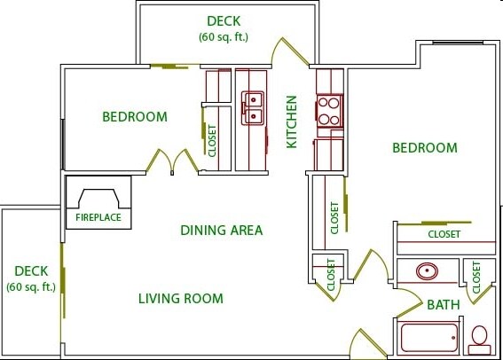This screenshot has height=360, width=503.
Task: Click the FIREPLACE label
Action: tap(98, 217)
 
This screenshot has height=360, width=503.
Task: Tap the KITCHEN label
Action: tap(292, 121)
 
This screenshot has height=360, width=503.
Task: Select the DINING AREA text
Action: tap(222, 231)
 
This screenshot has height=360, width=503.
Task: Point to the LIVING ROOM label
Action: tap(181, 299)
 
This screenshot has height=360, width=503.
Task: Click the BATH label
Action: tap(444, 304)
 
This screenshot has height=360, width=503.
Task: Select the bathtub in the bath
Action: tap(429, 338)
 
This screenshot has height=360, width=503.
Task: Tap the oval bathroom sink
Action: tap(427, 271)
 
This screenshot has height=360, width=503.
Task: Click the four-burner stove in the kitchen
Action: tap(329, 111)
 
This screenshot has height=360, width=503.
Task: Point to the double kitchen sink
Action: tap(253, 108)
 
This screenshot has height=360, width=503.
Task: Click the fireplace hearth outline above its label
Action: tap(98, 199)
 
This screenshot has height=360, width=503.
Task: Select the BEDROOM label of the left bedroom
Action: tap(135, 117)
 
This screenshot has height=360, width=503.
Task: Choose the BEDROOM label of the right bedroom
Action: tap(425, 148)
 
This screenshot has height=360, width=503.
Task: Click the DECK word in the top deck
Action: tap(224, 21)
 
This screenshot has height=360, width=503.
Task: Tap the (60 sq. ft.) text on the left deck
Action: tap(31, 287)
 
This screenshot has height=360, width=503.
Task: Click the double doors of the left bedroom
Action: tap(172, 161)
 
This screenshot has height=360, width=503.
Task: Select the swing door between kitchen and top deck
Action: tap(290, 51)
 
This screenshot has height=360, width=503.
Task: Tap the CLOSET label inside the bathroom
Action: tap(476, 278)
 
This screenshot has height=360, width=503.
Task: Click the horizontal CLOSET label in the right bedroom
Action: tap(444, 234)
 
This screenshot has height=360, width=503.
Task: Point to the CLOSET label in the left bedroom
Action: tap(212, 141)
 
